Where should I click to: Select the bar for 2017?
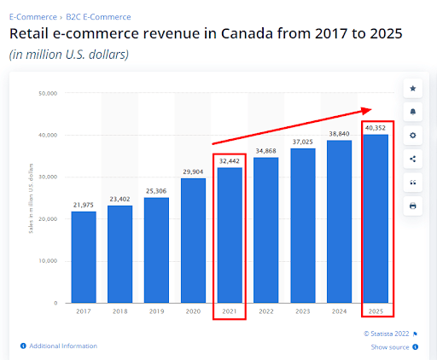[83, 257]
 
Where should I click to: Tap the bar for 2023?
[303, 225]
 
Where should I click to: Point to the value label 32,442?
[230, 160]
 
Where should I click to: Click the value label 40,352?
[376, 127]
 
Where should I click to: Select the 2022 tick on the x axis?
[266, 311]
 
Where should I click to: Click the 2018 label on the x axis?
[119, 311]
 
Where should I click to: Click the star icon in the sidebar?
[413, 89]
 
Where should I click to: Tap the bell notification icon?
[413, 112]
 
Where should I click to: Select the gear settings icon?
[413, 136]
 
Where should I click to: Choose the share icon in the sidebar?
[413, 159]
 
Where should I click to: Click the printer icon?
[413, 206]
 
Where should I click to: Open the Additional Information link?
[62, 345]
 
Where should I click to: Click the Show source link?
[391, 347]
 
